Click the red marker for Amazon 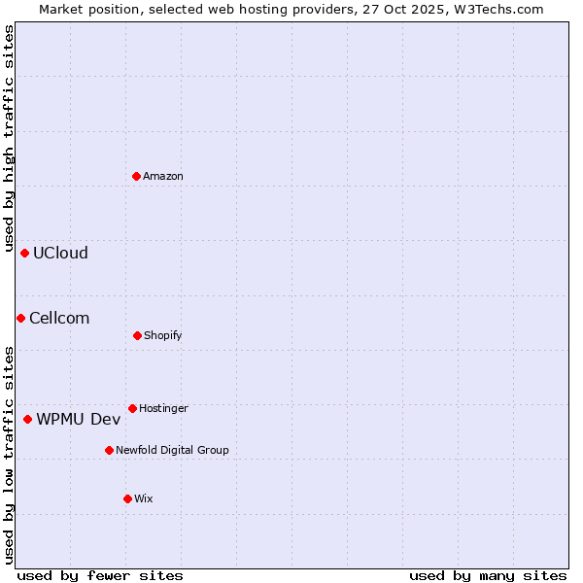[137, 176]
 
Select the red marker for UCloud [25, 253]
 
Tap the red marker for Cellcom [20, 318]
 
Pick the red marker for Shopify [137, 335]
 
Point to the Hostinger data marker [132, 408]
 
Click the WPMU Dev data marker [27, 419]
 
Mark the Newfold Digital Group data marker [109, 450]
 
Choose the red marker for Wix [127, 498]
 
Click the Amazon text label [163, 176]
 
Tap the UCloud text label [60, 253]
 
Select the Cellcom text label [59, 318]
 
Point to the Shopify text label [163, 335]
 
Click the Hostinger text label [163, 408]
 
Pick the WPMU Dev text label [79, 419]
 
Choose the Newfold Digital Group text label [172, 450]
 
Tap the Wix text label [144, 498]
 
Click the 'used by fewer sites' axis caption [100, 575]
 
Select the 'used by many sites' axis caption [488, 575]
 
